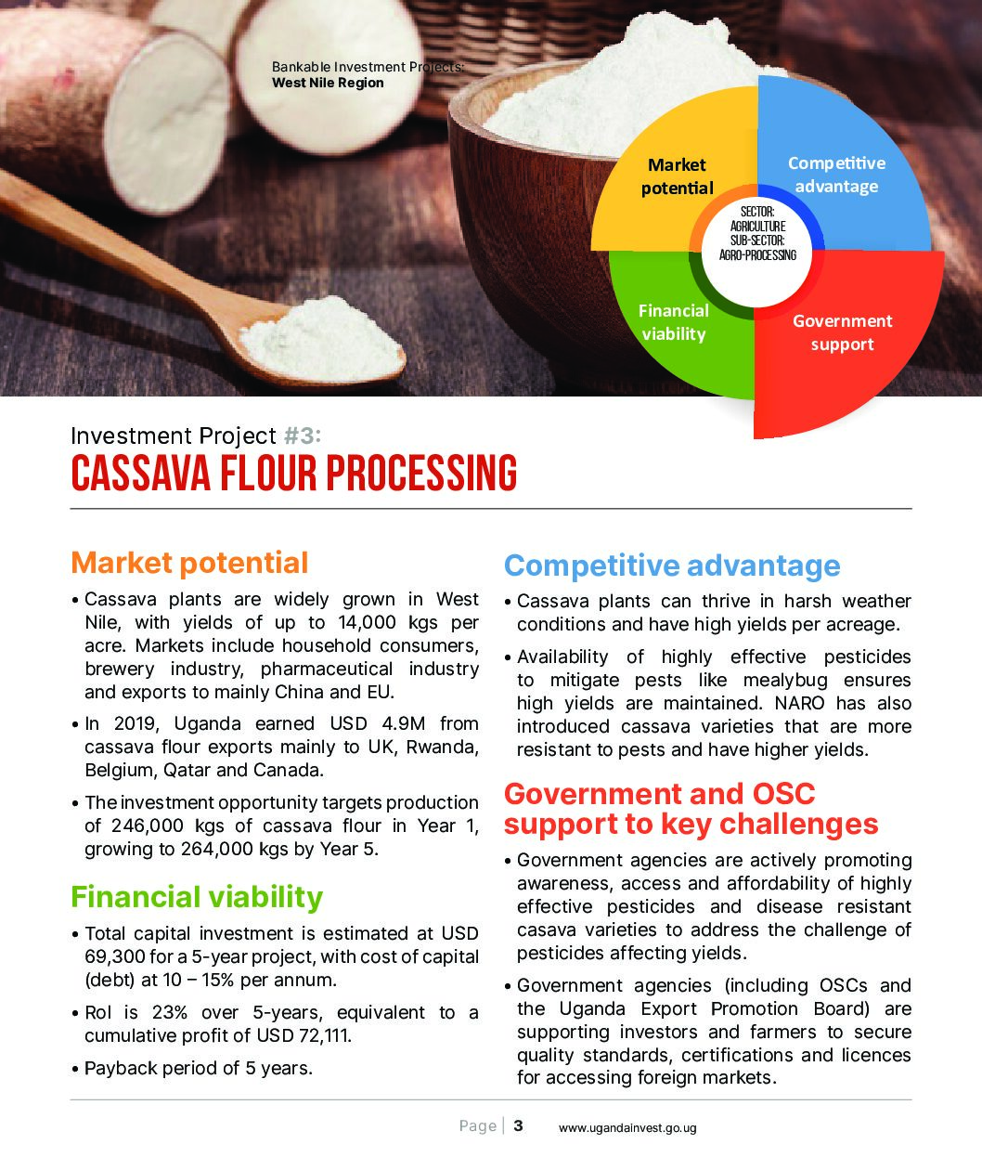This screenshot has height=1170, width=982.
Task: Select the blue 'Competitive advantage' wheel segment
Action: pyautogui.click(x=840, y=168)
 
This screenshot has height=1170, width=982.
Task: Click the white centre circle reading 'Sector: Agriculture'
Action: pyautogui.click(x=757, y=251)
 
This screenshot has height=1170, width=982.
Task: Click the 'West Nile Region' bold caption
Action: pyautogui.click(x=328, y=83)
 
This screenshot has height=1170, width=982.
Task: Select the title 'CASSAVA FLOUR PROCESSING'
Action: pyautogui.click(x=294, y=473)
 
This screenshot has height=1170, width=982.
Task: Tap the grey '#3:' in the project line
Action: pyautogui.click(x=303, y=435)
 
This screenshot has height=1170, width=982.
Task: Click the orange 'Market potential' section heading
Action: pyautogui.click(x=189, y=563)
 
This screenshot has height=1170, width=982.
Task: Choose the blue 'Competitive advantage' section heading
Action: pyautogui.click(x=672, y=565)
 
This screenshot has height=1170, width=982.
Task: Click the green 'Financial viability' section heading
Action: pyautogui.click(x=197, y=897)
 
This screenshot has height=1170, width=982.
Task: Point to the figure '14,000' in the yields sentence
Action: pyautogui.click(x=368, y=622)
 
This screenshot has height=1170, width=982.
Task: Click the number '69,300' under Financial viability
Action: pyautogui.click(x=114, y=956)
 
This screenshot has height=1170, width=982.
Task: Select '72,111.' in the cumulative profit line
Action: pyautogui.click(x=326, y=1035)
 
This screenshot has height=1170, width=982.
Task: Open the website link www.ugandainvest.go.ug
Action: pyautogui.click(x=627, y=1128)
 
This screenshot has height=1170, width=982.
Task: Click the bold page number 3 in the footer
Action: pyautogui.click(x=518, y=1125)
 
